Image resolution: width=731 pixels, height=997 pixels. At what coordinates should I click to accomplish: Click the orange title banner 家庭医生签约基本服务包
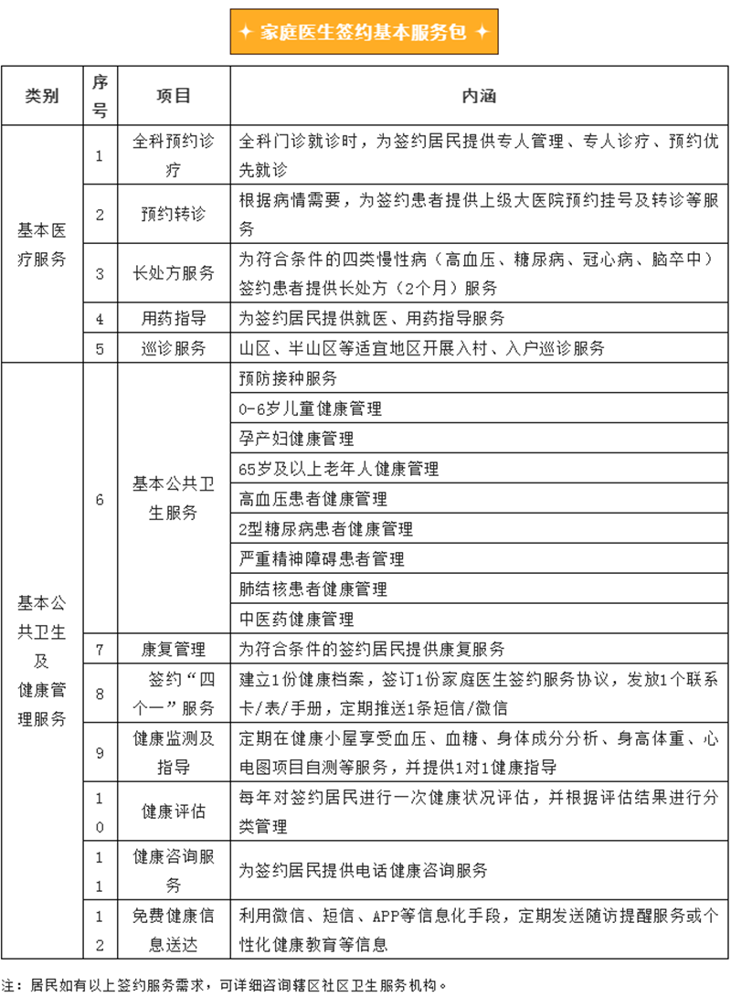[365, 32]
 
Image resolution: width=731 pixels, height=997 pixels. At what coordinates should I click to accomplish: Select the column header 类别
[42, 96]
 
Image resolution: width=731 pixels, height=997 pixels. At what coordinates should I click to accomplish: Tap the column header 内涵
[479, 96]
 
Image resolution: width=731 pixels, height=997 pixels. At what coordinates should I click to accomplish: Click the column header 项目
[174, 96]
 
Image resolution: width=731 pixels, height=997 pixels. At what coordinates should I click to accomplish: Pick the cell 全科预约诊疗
[174, 155]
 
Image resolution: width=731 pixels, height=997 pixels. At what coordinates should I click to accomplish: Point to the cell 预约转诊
[174, 215]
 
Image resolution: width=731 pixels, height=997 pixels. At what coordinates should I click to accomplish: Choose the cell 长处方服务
[174, 273]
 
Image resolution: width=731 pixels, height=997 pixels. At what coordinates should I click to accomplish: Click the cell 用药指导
[174, 318]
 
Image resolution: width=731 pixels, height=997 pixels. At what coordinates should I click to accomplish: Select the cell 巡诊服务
[174, 348]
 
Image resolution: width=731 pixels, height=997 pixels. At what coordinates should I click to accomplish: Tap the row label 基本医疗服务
[42, 244]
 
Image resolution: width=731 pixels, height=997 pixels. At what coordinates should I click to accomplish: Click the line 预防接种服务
[288, 378]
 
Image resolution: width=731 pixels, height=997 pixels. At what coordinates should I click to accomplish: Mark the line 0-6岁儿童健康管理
[310, 408]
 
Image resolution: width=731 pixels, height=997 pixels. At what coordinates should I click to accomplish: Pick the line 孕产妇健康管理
[295, 439]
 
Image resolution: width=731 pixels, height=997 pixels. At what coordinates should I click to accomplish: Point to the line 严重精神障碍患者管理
[321, 558]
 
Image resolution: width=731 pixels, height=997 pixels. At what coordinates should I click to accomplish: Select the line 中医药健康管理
[295, 619]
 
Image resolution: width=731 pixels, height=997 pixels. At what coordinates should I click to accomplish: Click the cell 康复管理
[174, 649]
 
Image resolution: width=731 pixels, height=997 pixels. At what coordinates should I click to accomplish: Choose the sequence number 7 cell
[100, 649]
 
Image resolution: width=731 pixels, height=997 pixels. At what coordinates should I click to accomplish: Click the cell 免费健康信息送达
[174, 930]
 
